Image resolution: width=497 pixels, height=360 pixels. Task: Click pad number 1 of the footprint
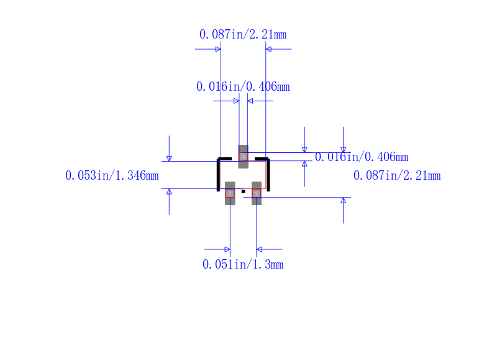(230, 193)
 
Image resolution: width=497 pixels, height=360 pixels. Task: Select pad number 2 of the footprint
(257, 193)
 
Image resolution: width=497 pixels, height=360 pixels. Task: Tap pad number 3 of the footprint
(243, 157)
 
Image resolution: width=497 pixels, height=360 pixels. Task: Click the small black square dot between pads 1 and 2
(243, 191)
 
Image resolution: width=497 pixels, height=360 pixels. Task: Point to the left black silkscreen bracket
(219, 174)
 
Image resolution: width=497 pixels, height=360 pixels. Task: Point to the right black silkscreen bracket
(268, 174)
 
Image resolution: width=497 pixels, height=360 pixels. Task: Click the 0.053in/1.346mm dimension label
(112, 176)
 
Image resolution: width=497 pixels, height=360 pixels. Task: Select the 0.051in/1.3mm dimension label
(243, 264)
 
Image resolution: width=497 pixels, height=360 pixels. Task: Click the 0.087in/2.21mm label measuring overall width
(243, 34)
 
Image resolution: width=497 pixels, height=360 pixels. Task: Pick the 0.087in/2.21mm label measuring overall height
(397, 176)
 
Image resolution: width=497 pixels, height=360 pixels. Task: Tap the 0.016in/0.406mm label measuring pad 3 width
(243, 86)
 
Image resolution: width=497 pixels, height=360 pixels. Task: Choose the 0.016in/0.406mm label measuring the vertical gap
(362, 157)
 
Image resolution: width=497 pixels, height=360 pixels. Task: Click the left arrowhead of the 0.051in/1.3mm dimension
(227, 249)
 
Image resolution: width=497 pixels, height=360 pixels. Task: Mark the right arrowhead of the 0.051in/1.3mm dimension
(260, 249)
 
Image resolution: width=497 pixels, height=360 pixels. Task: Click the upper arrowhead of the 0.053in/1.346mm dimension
(169, 158)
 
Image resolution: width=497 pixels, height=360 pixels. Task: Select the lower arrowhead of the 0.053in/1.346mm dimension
(169, 192)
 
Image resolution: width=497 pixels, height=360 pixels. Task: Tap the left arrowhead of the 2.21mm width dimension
(217, 48)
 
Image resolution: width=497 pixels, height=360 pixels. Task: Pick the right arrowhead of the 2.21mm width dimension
(269, 48)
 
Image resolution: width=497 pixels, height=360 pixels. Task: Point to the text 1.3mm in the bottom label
(268, 264)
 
